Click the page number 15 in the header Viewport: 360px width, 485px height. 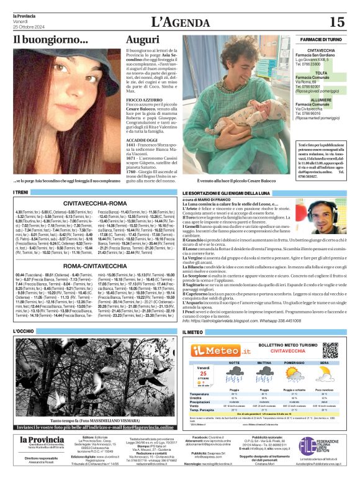[337, 22]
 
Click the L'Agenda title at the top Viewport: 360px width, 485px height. [179, 22]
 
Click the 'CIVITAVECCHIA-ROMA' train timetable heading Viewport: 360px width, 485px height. [95, 204]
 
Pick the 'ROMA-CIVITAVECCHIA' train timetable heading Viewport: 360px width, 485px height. [95, 265]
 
